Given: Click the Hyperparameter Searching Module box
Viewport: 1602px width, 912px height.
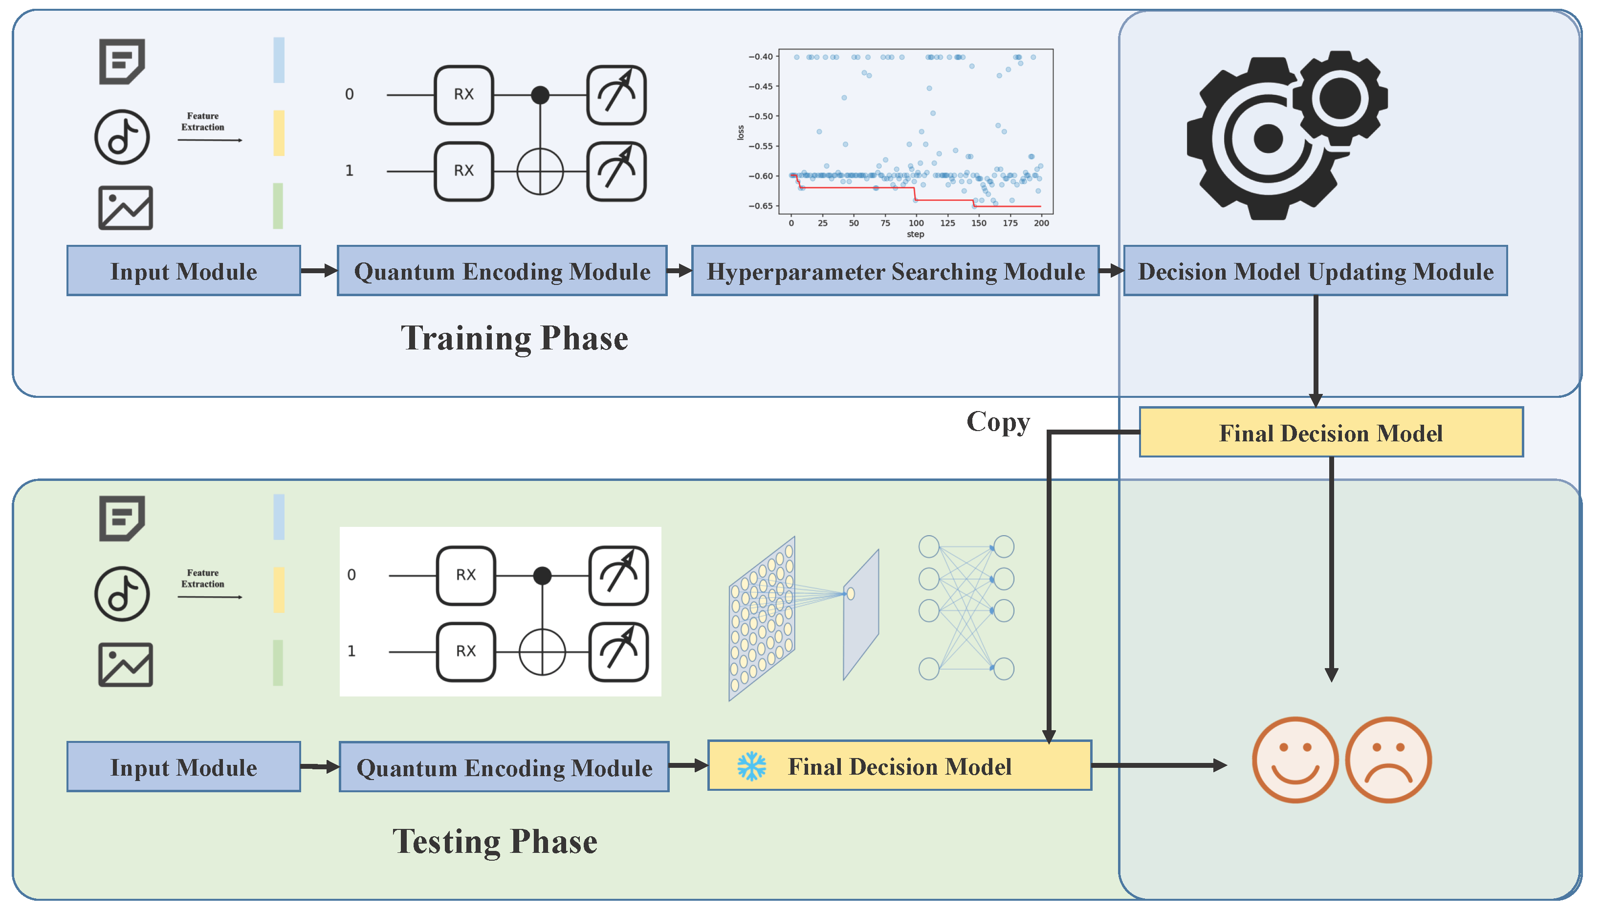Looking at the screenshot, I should pyautogui.click(x=895, y=271).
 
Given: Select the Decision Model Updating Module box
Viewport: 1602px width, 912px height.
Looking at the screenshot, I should pyautogui.click(x=1315, y=271).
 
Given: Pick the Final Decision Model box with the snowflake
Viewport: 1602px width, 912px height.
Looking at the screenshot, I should pyautogui.click(x=899, y=765).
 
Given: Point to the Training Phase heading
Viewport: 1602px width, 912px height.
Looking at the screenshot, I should pyautogui.click(x=514, y=338).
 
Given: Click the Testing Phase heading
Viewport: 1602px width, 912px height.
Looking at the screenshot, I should pyautogui.click(x=494, y=841).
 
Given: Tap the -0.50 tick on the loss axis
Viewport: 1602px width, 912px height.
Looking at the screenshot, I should pyautogui.click(x=761, y=116).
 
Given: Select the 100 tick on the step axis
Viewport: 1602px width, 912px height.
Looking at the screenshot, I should pyautogui.click(x=916, y=223).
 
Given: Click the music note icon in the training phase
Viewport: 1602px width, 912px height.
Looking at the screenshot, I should pyautogui.click(x=122, y=137).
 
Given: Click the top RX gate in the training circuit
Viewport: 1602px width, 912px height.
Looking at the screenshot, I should pyautogui.click(x=463, y=95).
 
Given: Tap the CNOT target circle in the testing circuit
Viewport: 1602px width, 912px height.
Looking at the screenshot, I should pyautogui.click(x=542, y=652).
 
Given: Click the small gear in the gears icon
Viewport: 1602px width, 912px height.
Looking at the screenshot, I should pyautogui.click(x=1339, y=97).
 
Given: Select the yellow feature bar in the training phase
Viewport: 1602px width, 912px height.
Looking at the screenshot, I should pyautogui.click(x=279, y=133).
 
